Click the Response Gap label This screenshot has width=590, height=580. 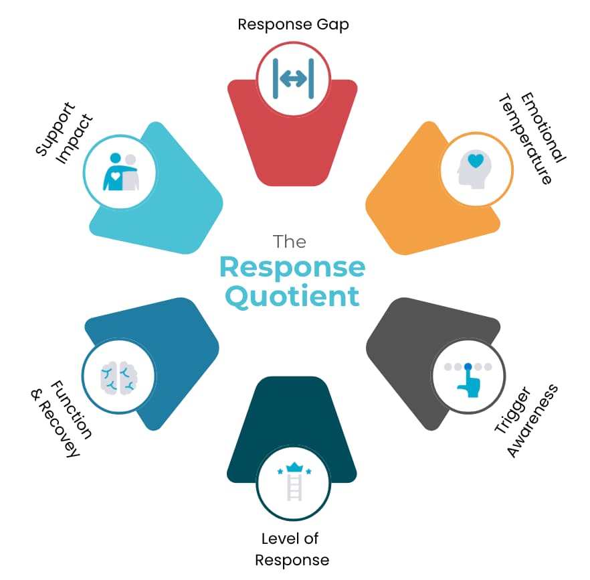pos(293,25)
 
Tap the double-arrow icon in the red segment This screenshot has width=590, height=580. pos(294,79)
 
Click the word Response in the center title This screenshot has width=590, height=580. pos(292,268)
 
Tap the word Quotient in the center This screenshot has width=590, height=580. pos(292,295)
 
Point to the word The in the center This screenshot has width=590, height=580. pos(290,241)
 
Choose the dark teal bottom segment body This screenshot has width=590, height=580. pos(292,415)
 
